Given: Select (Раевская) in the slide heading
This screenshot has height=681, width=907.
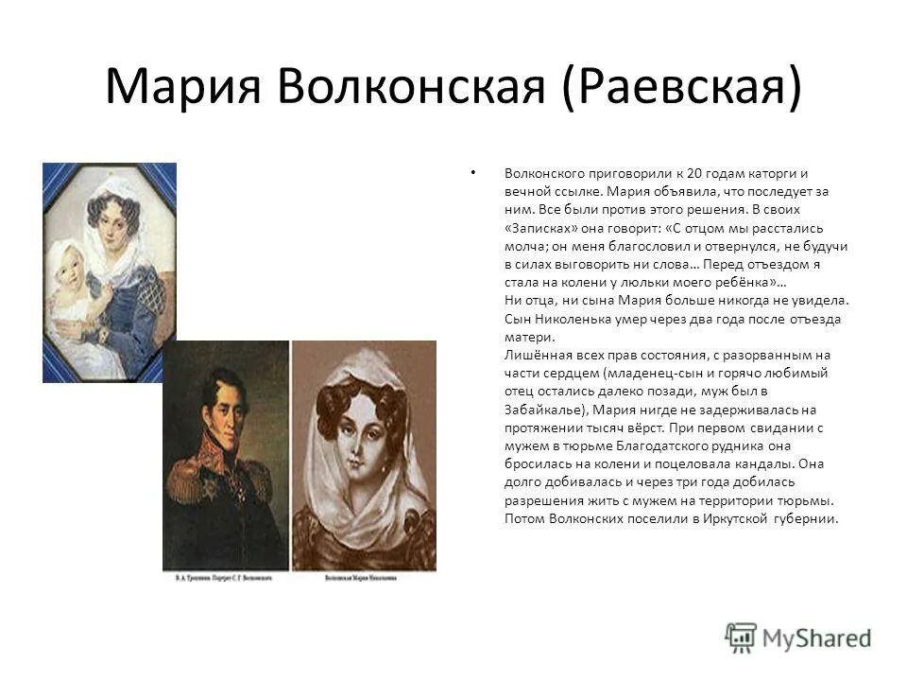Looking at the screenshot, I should pos(682,87).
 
